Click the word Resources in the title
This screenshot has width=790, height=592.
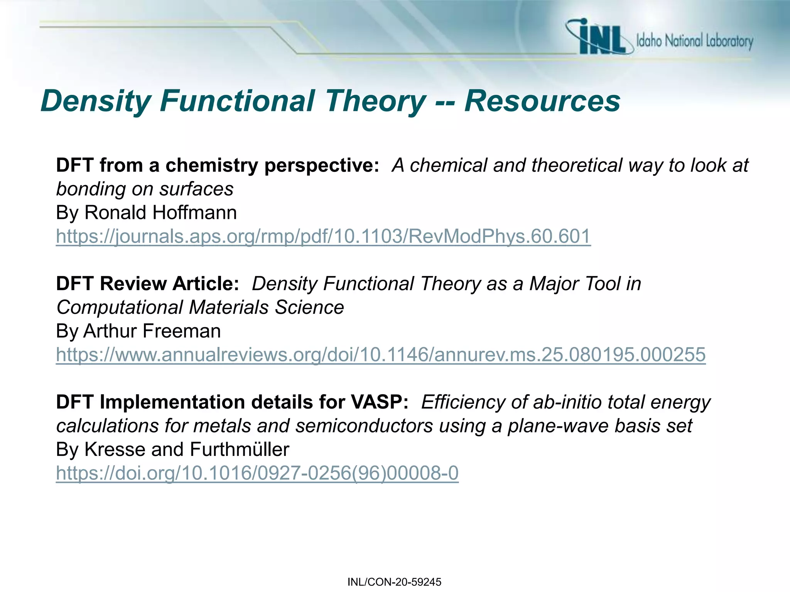click(542, 101)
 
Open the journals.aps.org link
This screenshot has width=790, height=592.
click(323, 236)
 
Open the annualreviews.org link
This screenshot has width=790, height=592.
click(381, 355)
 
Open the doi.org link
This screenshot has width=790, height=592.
click(257, 473)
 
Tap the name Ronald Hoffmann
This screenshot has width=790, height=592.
click(160, 213)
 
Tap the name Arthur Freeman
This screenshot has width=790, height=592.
click(152, 331)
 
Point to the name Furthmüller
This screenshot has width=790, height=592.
click(240, 449)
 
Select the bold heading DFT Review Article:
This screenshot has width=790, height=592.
click(148, 284)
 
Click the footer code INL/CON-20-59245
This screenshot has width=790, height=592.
click(394, 582)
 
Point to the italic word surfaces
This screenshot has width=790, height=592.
click(196, 189)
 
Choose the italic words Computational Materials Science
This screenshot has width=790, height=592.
click(200, 308)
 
